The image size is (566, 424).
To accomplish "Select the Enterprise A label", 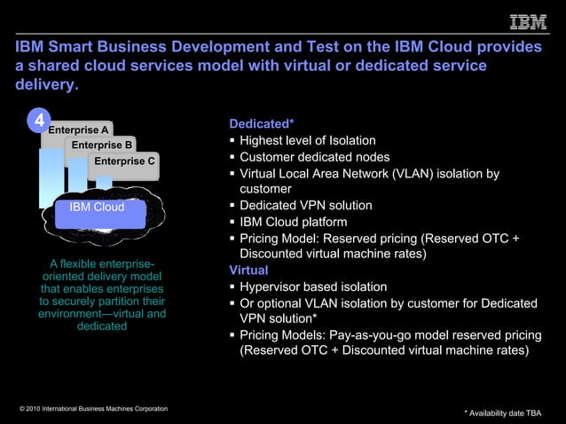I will click(x=79, y=130).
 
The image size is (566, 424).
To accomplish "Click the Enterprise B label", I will click(x=102, y=145).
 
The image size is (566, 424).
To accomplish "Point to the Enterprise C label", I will click(x=125, y=161).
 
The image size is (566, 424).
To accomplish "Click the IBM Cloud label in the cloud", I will click(x=97, y=208).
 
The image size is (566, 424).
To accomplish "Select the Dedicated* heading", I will click(x=262, y=124).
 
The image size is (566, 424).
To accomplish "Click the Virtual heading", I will click(x=248, y=271).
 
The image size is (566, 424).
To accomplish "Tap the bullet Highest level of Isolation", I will click(x=307, y=141).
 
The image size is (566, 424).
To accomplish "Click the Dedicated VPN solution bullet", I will click(x=305, y=206).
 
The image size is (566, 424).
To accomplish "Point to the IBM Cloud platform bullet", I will click(x=293, y=222).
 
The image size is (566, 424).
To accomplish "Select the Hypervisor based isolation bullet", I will click(x=312, y=287).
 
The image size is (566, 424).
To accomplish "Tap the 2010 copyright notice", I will click(x=93, y=408).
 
